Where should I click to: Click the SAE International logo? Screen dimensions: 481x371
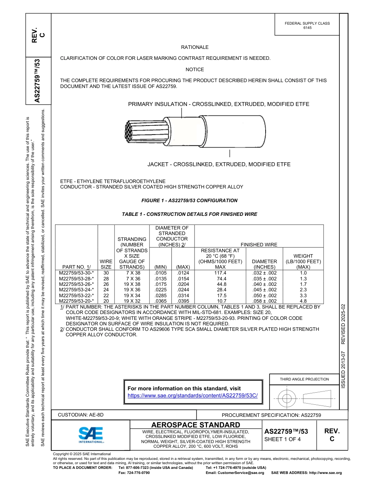[x=91, y=434]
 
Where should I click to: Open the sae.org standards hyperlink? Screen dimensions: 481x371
[x=193, y=395]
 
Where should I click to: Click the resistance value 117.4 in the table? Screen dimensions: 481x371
[x=220, y=273]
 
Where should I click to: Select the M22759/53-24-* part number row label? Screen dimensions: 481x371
[x=76, y=290]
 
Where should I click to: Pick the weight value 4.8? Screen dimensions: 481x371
[x=303, y=301]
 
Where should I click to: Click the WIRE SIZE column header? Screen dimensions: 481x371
[x=106, y=264]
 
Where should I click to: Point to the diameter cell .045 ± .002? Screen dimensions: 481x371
[x=264, y=290]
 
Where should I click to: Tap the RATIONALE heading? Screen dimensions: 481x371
[x=194, y=47]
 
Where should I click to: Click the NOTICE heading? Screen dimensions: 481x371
[x=194, y=70]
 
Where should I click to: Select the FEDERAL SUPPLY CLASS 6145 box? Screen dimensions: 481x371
[x=307, y=25]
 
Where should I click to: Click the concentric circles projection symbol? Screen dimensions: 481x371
[x=287, y=399]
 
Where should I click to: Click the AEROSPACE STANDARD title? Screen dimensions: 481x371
[x=196, y=425]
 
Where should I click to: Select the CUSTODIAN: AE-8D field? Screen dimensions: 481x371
[x=81, y=415]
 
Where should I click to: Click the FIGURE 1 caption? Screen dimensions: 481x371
[x=189, y=201]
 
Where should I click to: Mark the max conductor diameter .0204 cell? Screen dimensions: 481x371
[x=183, y=284]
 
